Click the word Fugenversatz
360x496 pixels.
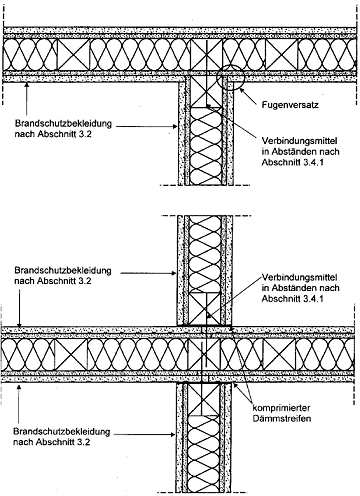pos(290,105)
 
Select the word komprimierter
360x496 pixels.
pos(281,408)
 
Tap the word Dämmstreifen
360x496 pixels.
pos(281,418)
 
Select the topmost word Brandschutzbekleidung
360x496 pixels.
pos(63,124)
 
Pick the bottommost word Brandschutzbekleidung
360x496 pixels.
pos(62,432)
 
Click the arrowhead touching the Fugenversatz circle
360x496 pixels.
pos(243,92)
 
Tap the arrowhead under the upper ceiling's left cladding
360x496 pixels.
pos(27,86)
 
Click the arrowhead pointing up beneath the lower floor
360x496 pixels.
pos(19,386)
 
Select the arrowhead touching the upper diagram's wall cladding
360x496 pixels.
pos(174,126)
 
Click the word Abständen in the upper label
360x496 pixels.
pos(289,151)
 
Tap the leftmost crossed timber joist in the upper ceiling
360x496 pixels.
pos(73,55)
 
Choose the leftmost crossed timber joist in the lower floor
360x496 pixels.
pos(71,354)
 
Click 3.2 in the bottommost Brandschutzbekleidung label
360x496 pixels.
pos(83,442)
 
